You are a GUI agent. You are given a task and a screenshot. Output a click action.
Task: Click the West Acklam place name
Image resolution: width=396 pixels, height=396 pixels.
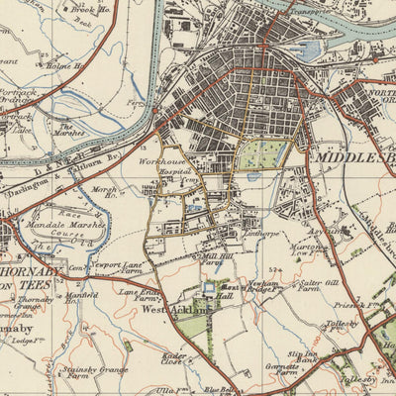(x=173, y=309)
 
